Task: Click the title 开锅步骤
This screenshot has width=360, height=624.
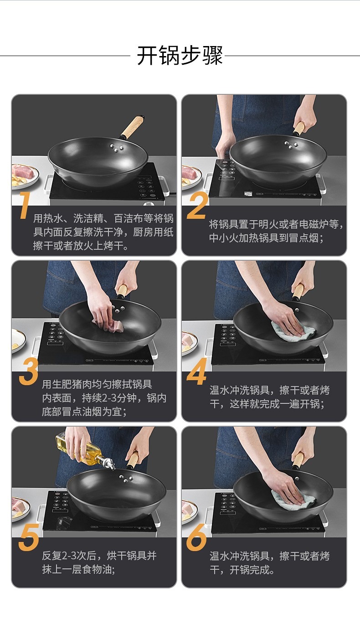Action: pyautogui.click(x=180, y=56)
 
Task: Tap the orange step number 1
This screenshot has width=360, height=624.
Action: pyautogui.click(x=25, y=205)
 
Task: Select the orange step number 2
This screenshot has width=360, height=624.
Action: pyautogui.click(x=197, y=205)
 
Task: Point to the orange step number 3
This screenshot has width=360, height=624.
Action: pyautogui.click(x=28, y=371)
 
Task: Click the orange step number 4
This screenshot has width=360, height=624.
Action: pyautogui.click(x=196, y=371)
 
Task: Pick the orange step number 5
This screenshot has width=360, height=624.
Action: pyautogui.click(x=29, y=537)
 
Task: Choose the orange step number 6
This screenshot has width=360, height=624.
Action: pyautogui.click(x=196, y=537)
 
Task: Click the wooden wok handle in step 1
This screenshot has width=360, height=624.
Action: pyautogui.click(x=133, y=127)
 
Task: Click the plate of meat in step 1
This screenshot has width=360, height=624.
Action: pyautogui.click(x=25, y=176)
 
